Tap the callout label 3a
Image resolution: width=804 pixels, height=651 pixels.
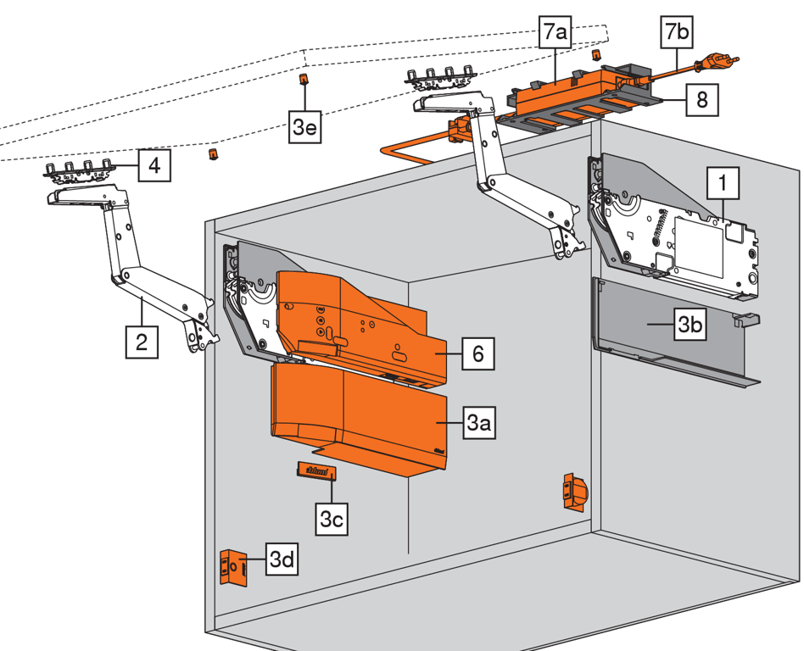click(478, 424)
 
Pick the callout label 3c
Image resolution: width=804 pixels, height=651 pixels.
click(332, 518)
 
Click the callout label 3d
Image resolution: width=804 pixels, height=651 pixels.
click(281, 559)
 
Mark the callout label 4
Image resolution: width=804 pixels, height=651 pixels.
click(154, 164)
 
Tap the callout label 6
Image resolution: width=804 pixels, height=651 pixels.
click(478, 353)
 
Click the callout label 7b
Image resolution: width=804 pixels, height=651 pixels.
click(677, 34)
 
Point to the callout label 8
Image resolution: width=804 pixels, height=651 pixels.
click(701, 99)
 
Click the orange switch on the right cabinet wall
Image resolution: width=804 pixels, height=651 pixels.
click(573, 490)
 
